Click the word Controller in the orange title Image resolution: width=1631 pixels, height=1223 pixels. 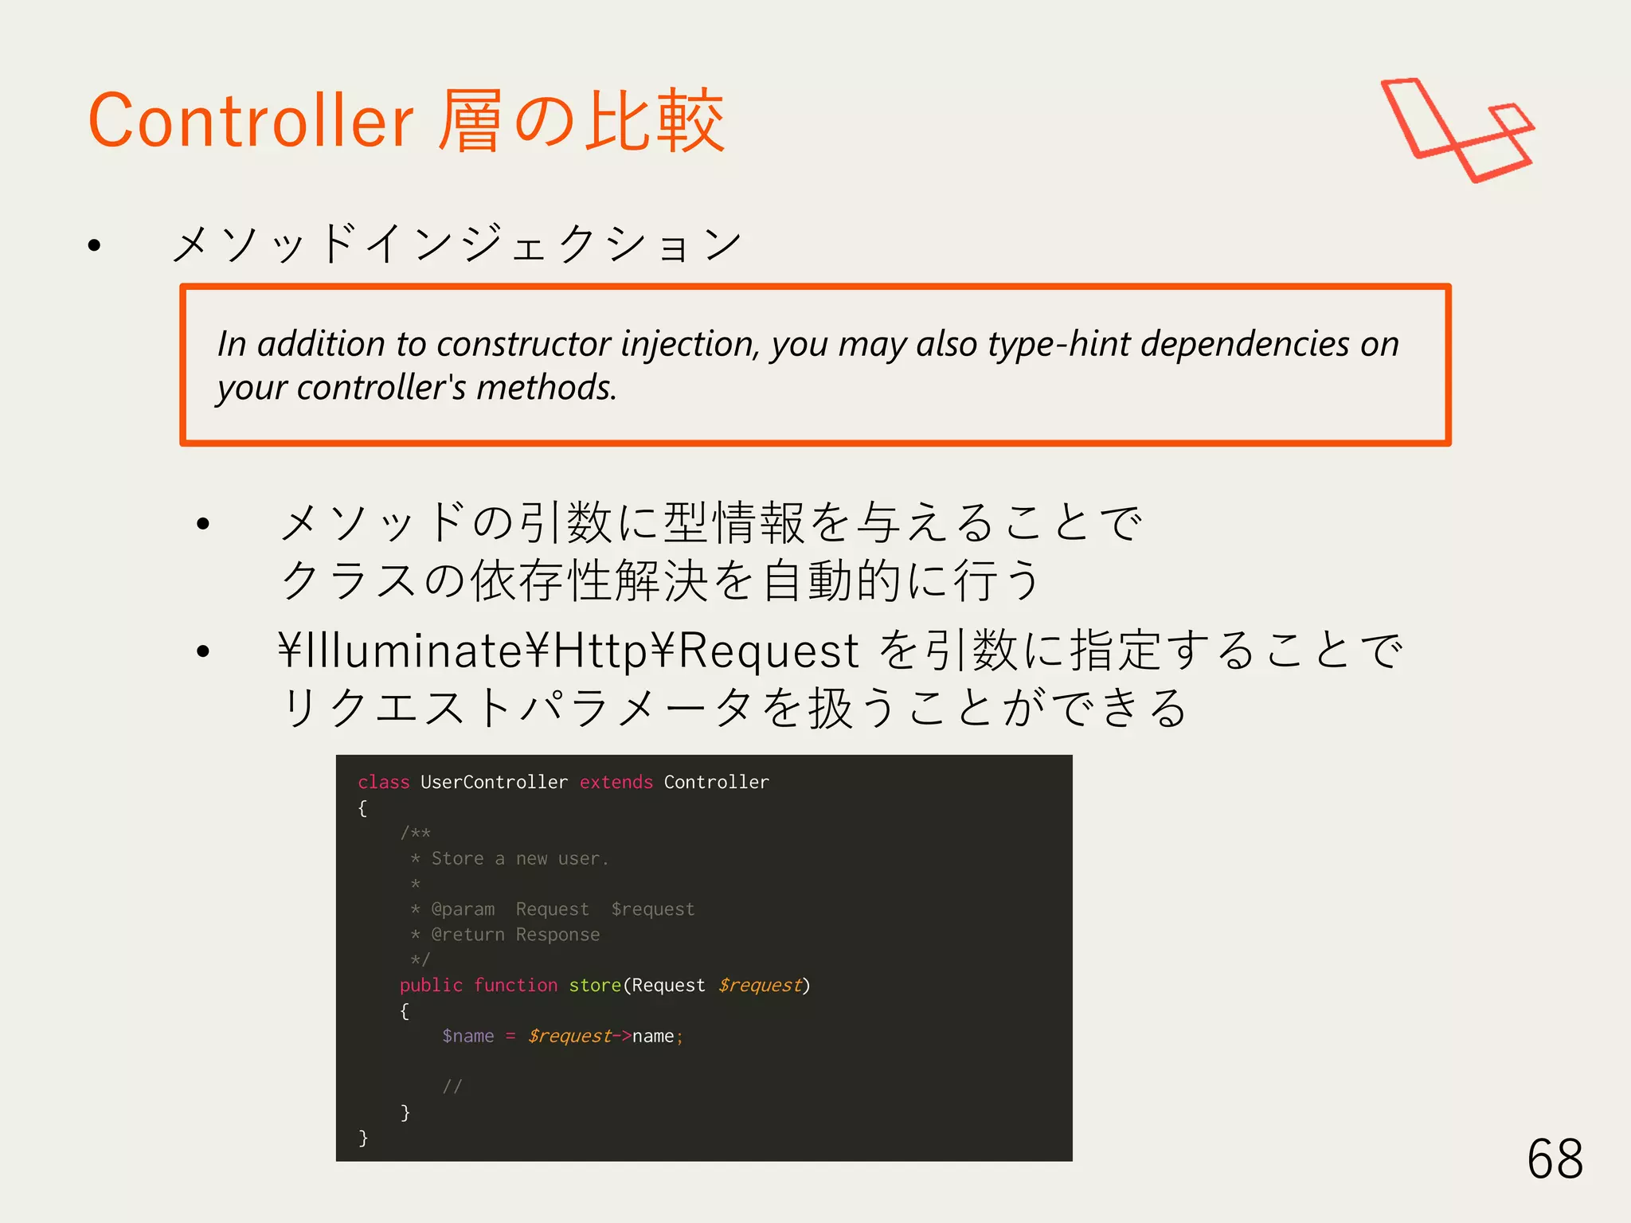tap(250, 121)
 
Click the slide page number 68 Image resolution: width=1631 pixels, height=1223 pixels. tap(1555, 1159)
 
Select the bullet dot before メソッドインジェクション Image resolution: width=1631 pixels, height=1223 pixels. tap(95, 245)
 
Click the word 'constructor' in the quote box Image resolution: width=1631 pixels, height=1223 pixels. tap(526, 344)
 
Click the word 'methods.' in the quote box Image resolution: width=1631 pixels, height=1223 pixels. tap(546, 388)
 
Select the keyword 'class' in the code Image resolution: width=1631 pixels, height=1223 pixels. tap(383, 782)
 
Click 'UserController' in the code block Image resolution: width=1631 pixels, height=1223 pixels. tap(494, 782)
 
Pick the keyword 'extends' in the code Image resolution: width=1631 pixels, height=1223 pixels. tap(616, 782)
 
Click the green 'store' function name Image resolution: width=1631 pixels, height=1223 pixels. tap(594, 985)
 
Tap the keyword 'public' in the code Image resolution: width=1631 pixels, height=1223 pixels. tap(430, 985)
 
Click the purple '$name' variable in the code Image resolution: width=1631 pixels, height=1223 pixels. tap(467, 1036)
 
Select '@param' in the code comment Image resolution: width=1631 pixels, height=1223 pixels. tap(462, 909)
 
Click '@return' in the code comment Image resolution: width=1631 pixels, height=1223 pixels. tap(467, 935)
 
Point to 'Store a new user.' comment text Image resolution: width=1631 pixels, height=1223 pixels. tap(519, 858)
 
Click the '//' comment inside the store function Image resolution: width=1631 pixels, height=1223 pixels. tap(452, 1086)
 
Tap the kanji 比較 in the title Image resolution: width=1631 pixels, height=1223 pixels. tap(655, 121)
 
